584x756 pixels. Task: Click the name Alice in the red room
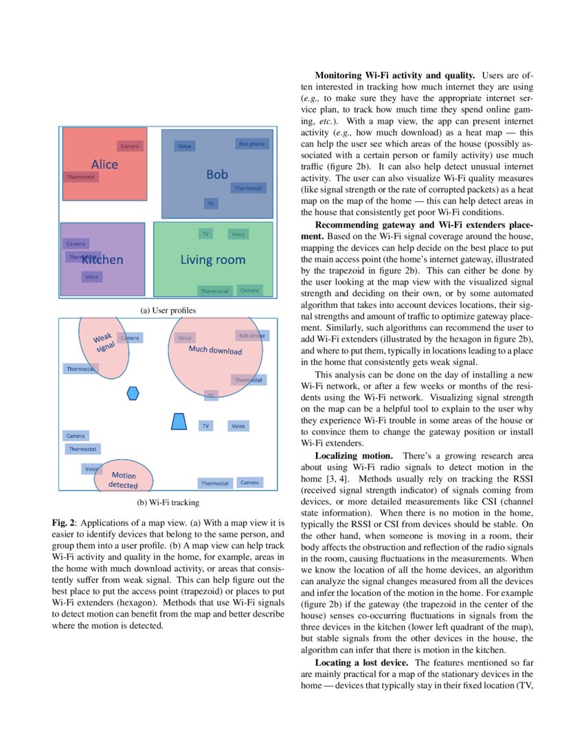[104, 164]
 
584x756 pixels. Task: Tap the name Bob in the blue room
[217, 175]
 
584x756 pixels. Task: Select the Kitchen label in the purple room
[103, 260]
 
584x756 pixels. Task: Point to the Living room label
[212, 260]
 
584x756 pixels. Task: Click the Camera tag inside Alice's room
[129, 146]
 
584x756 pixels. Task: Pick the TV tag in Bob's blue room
[211, 203]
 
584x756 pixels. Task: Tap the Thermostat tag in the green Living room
[215, 291]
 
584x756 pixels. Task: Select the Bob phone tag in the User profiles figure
[251, 144]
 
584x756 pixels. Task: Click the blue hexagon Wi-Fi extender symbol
[133, 393]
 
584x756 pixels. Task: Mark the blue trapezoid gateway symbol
[179, 421]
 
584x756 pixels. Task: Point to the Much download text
[215, 351]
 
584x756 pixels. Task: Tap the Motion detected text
[124, 480]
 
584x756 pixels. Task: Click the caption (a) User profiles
[168, 311]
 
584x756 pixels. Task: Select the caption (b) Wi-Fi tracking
[168, 502]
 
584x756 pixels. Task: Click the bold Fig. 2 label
[63, 523]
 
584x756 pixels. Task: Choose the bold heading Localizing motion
[354, 456]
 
